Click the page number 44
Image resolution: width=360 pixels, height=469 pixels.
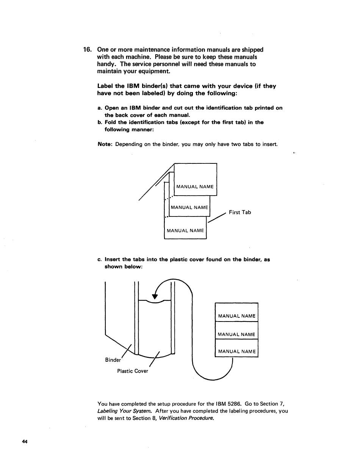pyautogui.click(x=25, y=442)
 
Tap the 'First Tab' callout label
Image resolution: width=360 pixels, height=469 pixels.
pyautogui.click(x=239, y=212)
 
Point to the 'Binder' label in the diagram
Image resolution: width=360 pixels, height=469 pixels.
pyautogui.click(x=113, y=359)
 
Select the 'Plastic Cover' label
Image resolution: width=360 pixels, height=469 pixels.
pyautogui.click(x=133, y=371)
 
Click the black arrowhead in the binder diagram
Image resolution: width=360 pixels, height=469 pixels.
pyautogui.click(x=154, y=296)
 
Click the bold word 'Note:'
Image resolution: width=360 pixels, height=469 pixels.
pyautogui.click(x=105, y=144)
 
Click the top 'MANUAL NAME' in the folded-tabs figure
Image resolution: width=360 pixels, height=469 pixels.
pyautogui.click(x=195, y=187)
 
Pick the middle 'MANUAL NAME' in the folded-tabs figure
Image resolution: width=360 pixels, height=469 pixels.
pyautogui.click(x=189, y=207)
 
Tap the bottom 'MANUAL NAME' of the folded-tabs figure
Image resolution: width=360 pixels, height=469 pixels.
pyautogui.click(x=185, y=231)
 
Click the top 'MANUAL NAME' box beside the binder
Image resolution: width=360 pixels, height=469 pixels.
pyautogui.click(x=236, y=315)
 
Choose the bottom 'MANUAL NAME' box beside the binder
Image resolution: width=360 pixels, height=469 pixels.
pyautogui.click(x=236, y=351)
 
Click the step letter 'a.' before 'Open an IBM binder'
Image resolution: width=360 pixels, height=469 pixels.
pyautogui.click(x=100, y=108)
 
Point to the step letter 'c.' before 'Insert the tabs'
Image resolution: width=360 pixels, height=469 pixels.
pyautogui.click(x=100, y=260)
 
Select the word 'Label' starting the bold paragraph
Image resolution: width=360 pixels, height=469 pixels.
pyautogui.click(x=105, y=86)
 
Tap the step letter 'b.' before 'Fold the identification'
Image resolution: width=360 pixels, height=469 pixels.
pyautogui.click(x=100, y=122)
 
